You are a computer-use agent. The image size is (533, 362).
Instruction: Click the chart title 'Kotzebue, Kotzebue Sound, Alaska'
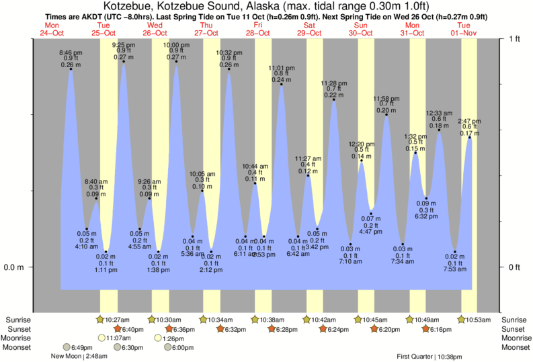point(194,7)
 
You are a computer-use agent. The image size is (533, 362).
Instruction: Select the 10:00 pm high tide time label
point(176,44)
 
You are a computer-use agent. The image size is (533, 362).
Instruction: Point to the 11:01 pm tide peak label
point(281,68)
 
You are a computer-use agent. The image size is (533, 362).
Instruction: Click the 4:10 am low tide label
point(86,247)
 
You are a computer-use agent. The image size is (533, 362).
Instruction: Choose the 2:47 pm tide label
point(469,121)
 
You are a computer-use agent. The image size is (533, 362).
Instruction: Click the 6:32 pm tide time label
point(426,217)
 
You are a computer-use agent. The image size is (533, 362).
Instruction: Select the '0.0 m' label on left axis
point(14,267)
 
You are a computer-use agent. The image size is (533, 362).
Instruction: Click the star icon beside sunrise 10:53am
point(462,320)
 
